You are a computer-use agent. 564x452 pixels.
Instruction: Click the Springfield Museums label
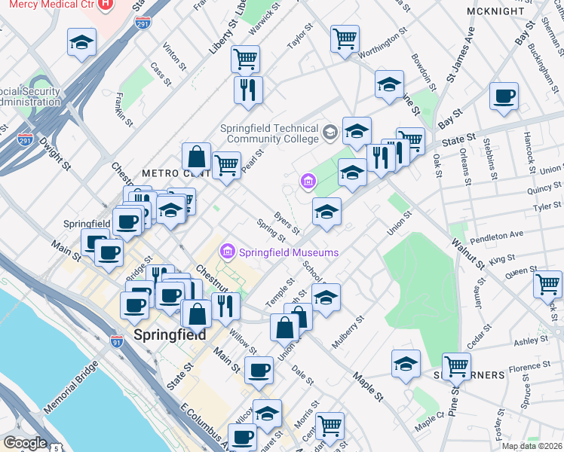(x=289, y=252)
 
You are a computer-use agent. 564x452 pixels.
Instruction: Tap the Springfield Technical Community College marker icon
(x=330, y=133)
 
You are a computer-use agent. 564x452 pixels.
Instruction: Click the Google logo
(x=25, y=443)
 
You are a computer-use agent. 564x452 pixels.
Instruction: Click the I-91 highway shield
(x=116, y=341)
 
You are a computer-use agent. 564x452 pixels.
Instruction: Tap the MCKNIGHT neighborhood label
(x=516, y=12)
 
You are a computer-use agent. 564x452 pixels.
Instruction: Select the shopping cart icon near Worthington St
(x=345, y=38)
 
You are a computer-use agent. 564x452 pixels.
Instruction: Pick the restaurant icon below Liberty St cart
(x=248, y=90)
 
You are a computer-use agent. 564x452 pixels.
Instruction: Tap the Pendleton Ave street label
(x=496, y=234)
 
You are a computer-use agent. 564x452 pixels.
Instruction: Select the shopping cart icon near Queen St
(x=547, y=284)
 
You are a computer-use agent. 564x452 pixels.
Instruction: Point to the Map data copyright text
(x=532, y=446)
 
